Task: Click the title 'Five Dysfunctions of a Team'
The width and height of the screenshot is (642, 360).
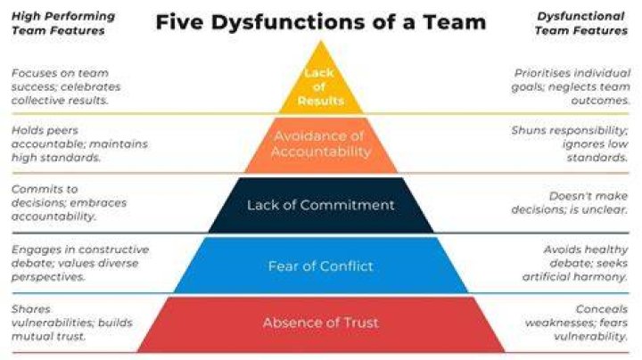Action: coord(321,21)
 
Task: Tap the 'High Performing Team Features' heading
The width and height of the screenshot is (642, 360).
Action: coord(63,23)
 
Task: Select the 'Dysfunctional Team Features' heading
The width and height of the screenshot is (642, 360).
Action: coord(581,23)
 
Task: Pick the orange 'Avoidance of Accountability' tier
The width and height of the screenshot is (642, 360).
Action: coord(321,145)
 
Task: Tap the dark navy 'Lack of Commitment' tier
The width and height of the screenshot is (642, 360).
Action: coord(321,205)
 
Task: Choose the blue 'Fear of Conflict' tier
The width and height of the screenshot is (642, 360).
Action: coord(321,266)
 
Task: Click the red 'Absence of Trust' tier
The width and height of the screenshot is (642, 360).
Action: coord(321,324)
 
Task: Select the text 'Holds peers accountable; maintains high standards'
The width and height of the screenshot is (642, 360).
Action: coord(79,144)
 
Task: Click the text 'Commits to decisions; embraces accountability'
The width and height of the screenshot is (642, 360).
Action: coord(69,203)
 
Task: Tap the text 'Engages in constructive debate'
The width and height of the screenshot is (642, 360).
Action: coord(80,250)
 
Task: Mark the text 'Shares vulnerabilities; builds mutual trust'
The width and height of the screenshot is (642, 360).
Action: coord(72,323)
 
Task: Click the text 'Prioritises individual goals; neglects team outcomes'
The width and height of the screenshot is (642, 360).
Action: coord(571,86)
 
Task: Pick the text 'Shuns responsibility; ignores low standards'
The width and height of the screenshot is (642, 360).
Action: coord(570,144)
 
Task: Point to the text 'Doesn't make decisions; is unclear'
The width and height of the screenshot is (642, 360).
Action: coord(570,203)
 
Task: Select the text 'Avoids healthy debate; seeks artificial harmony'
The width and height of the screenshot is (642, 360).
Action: coord(575,263)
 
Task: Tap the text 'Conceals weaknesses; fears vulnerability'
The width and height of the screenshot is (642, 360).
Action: coord(577,323)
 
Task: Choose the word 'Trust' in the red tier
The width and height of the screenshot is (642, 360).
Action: coord(361,323)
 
